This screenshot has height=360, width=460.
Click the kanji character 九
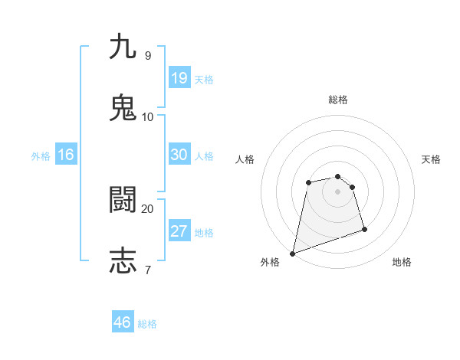pos(123,47)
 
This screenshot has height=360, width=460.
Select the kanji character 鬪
pos(123,201)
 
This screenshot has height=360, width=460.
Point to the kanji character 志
pos(123,260)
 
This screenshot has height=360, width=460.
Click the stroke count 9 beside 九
pos(147,55)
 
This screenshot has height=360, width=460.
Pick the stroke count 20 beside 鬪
pos(147,208)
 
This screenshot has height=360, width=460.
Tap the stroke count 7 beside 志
pos(147,269)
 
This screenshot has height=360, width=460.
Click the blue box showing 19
pos(179,78)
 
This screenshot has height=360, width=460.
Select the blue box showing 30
pos(179,155)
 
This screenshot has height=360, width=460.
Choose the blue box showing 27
pos(179,231)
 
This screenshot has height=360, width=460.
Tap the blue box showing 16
pos(66,155)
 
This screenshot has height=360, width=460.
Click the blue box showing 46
pos(123,322)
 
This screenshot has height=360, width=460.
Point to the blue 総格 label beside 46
pos(147,324)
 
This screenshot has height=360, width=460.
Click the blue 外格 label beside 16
pos(41,156)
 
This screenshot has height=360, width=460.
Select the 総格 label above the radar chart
pos(338,100)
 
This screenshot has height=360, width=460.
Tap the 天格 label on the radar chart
pos(432,159)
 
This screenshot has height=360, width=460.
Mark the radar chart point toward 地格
pos(364,229)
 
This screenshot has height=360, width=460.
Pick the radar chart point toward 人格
pos(308,182)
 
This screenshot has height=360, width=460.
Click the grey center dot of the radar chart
pos(338,191)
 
